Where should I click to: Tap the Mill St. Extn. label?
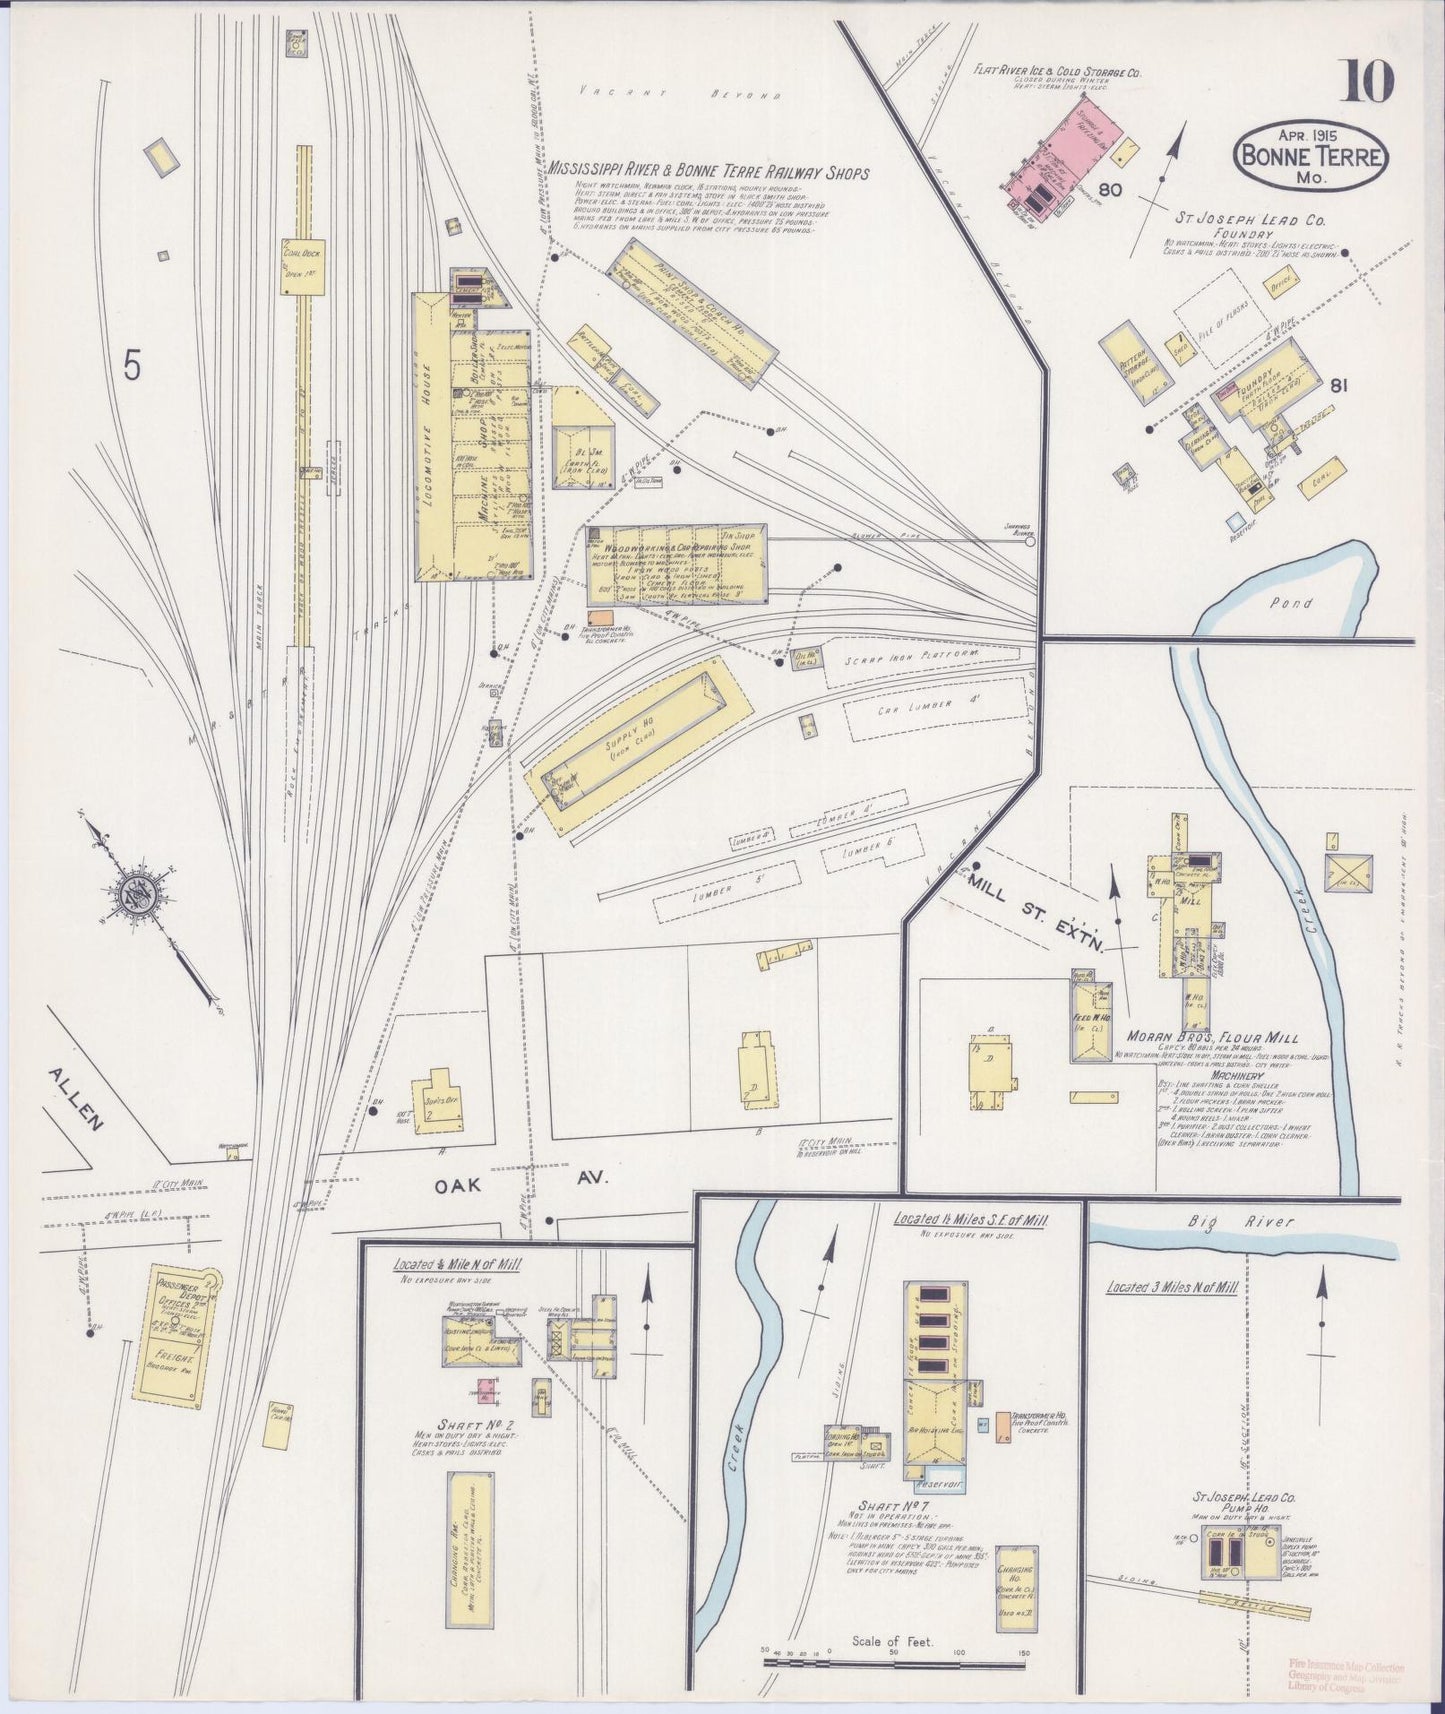(x=1034, y=912)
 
